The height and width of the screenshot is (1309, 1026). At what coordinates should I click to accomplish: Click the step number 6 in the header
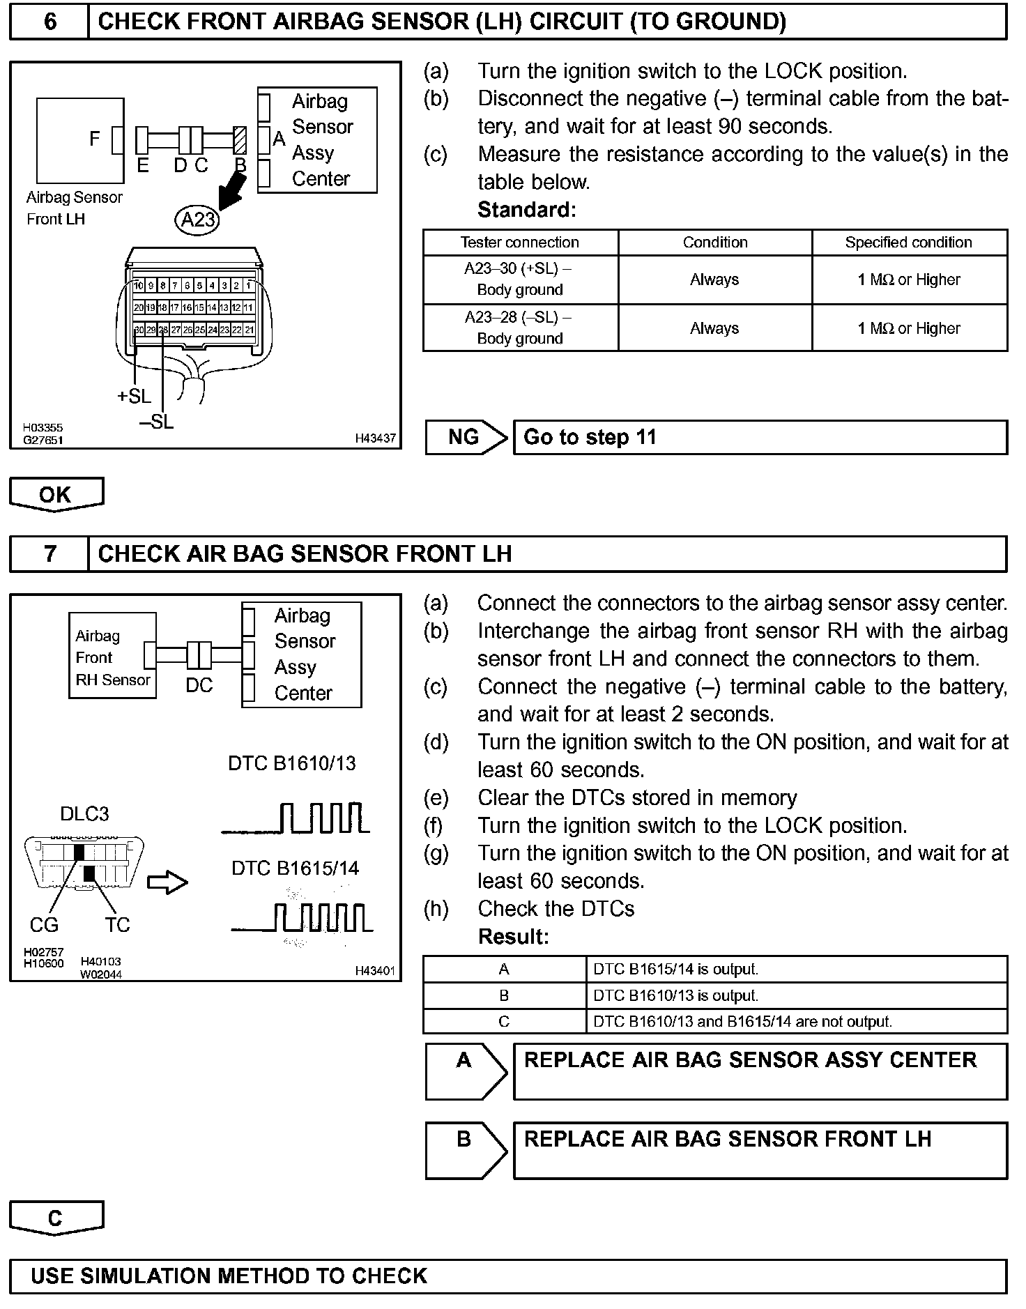click(x=50, y=22)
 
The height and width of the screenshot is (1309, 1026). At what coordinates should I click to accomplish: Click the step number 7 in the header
click(x=50, y=553)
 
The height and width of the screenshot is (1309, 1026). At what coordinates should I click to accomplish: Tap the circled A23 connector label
click(x=197, y=220)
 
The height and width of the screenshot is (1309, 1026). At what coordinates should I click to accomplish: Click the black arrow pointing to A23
click(x=232, y=191)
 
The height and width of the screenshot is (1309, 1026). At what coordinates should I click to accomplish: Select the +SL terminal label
click(x=134, y=396)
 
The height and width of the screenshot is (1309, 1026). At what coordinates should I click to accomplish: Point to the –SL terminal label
click(x=156, y=422)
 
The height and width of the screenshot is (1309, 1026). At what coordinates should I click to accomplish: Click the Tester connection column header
click(x=520, y=243)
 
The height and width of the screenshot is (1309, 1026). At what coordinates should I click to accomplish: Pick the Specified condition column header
click(x=908, y=243)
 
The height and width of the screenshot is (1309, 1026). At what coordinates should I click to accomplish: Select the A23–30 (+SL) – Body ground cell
click(x=520, y=279)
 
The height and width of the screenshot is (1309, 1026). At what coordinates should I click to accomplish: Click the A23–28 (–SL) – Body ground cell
click(x=520, y=328)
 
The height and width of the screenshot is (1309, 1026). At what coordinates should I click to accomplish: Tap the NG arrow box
click(x=465, y=438)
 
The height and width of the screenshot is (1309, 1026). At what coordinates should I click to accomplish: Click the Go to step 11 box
click(x=760, y=438)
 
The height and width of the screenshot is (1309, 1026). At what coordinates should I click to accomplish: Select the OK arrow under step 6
click(x=56, y=494)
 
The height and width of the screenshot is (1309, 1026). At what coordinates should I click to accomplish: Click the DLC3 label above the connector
click(x=84, y=813)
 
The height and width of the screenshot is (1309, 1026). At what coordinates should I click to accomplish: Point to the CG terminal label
click(x=44, y=925)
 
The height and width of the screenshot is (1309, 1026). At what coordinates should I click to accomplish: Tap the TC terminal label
click(x=118, y=925)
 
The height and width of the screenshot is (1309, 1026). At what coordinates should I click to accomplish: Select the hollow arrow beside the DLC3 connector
click(x=168, y=883)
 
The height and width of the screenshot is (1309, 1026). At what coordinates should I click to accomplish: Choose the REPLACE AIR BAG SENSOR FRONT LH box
click(x=760, y=1150)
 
